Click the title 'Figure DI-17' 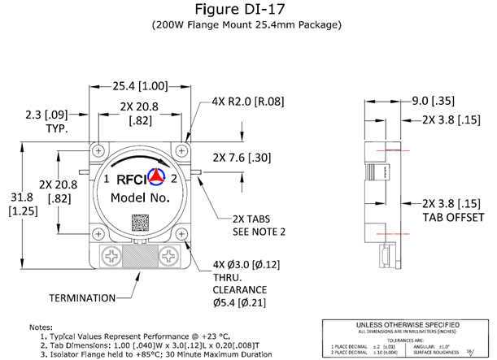pyautogui.click(x=247, y=10)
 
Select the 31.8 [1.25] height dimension pyautogui.click(x=18, y=204)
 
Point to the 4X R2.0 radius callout pyautogui.click(x=243, y=103)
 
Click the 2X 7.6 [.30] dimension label pyautogui.click(x=242, y=157)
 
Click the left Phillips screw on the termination pyautogui.click(x=107, y=257)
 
